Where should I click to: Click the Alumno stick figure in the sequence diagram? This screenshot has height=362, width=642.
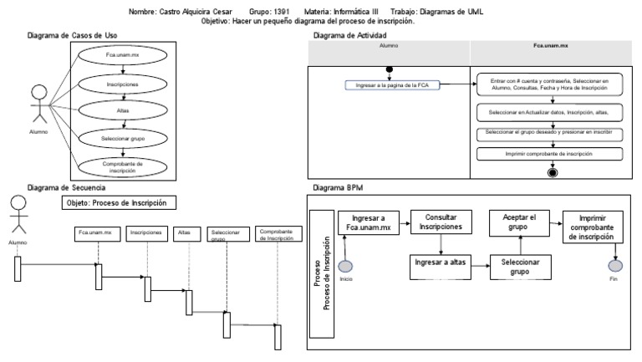pos(18,217)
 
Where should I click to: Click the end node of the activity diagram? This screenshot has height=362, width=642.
pos(552,173)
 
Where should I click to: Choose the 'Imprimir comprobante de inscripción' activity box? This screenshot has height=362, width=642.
pos(551,154)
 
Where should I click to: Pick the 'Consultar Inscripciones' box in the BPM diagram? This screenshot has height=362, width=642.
pos(441,223)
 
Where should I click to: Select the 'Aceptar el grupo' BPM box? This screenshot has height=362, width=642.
pos(519,223)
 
